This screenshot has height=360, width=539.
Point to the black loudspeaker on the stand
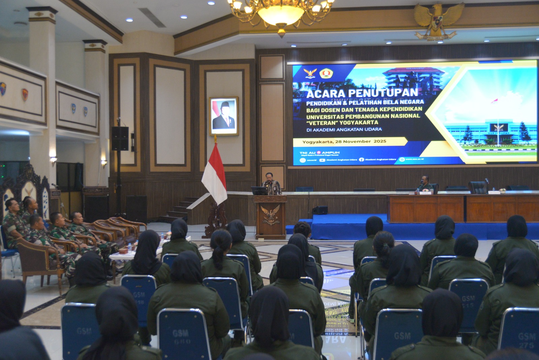(120, 138)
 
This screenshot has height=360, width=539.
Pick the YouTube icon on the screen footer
(322, 160)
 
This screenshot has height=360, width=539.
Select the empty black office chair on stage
(477, 187)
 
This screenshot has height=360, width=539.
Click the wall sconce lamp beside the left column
(53, 160)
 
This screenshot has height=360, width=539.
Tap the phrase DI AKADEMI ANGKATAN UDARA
(344, 129)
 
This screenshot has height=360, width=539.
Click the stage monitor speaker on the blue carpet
(320, 210)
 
